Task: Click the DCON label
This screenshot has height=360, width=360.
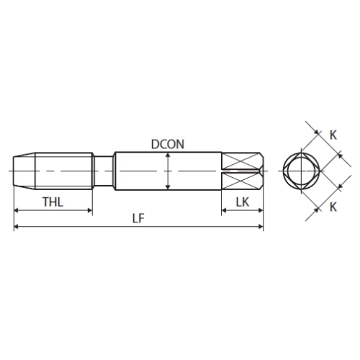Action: pos(168,144)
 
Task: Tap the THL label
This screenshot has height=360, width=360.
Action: pos(53,202)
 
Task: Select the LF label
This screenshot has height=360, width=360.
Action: pos(138,218)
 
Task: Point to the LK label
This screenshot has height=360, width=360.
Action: pos(243,202)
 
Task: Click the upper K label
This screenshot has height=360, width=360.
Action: pos(333,135)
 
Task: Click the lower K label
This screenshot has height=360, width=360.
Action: pos(333,207)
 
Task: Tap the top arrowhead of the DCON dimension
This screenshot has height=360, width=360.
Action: pos(168,156)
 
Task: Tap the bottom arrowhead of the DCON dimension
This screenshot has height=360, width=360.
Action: pos(168,186)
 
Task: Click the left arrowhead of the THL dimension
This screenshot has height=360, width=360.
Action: pos(17,210)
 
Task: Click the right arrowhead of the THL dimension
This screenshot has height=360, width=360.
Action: pos(90,210)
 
